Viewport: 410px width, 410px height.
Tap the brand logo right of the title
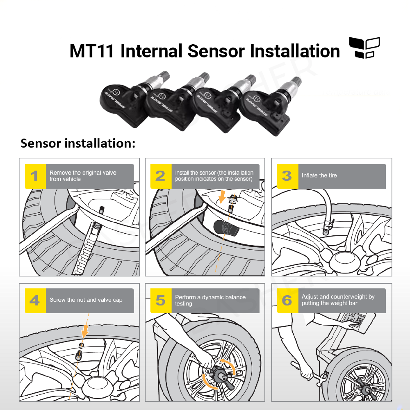point(364,48)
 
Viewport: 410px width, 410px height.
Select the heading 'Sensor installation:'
point(78,143)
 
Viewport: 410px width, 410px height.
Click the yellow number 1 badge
point(35,176)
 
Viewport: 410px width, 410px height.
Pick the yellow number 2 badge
point(161,176)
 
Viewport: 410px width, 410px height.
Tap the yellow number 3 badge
point(287,176)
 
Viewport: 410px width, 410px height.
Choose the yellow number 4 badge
point(35,301)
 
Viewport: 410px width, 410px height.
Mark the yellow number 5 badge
point(161,301)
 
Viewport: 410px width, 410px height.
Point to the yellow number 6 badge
point(287,301)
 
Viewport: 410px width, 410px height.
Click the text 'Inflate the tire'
point(319,175)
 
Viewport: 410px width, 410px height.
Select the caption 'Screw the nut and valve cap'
point(86,300)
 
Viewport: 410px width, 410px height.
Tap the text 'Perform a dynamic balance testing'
point(210,300)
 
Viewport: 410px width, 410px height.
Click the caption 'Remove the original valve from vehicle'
point(83,176)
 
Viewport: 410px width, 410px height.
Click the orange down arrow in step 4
point(85,329)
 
